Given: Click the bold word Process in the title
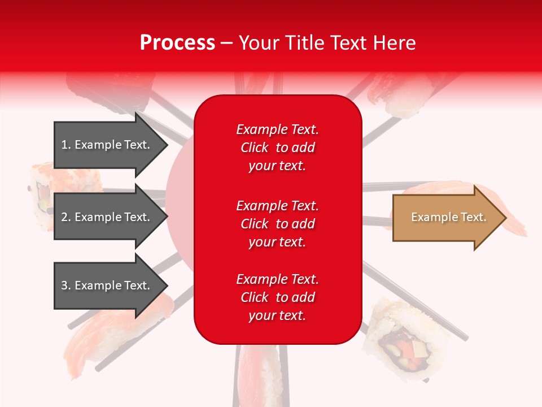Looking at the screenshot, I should click(177, 43).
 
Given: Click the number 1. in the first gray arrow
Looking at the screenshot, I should click(66, 145).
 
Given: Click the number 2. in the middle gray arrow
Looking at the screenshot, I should click(66, 217).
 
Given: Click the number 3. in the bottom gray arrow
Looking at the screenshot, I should click(66, 285).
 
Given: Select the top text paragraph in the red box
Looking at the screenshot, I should click(277, 148).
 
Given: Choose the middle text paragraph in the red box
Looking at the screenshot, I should click(277, 224).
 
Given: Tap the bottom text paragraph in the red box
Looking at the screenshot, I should click(277, 297).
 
